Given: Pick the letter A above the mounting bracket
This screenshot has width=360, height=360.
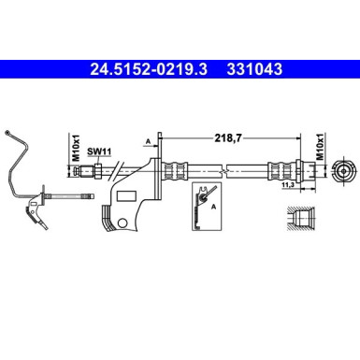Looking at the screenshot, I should tap(148, 141).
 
